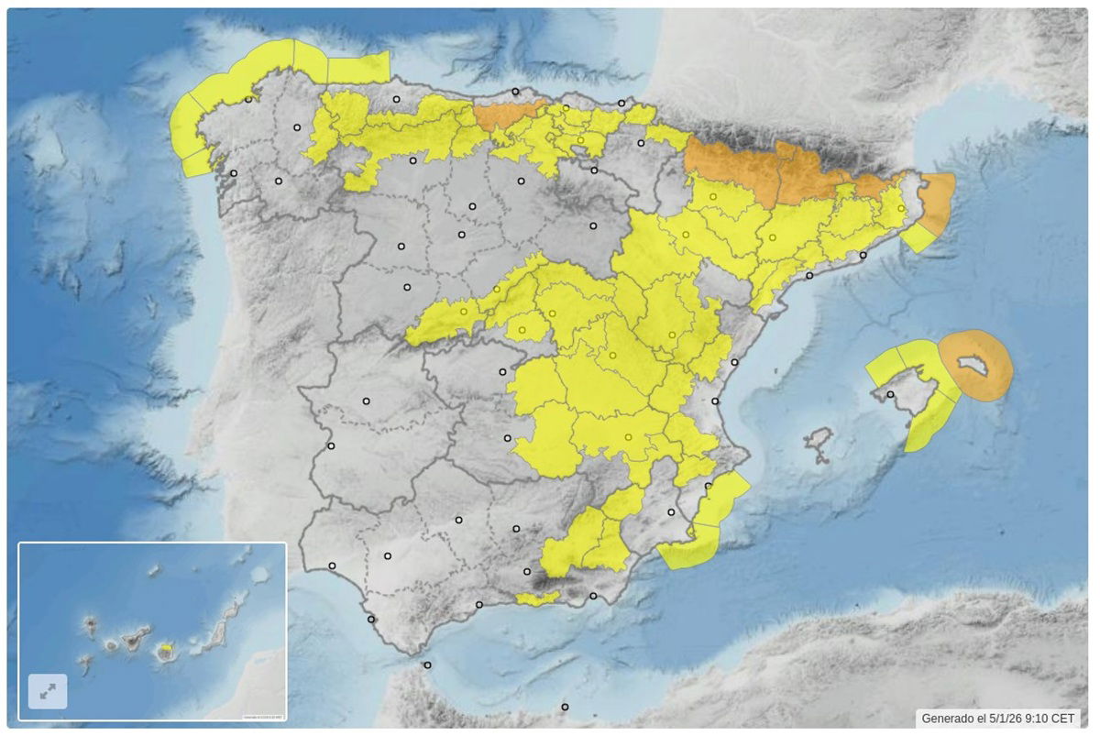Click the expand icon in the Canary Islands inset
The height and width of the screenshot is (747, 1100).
(x=48, y=691)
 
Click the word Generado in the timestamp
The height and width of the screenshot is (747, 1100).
(x=948, y=719)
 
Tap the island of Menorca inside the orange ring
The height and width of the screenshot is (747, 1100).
(x=973, y=367)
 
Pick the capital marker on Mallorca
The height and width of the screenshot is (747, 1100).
(x=890, y=395)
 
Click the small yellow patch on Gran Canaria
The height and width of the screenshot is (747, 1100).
(x=166, y=648)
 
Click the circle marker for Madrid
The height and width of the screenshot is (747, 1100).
(x=502, y=371)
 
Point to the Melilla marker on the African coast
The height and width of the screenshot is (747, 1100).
(x=565, y=707)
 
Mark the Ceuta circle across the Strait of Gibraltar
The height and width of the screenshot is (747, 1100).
(x=427, y=665)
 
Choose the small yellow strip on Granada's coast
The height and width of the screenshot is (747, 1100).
(x=538, y=599)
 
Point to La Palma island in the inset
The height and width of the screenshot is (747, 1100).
(x=90, y=626)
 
